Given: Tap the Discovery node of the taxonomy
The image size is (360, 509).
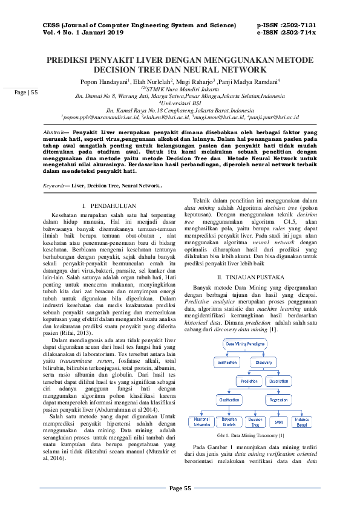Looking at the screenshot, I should coord(264,362).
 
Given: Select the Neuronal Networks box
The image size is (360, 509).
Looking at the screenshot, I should coord(201,421).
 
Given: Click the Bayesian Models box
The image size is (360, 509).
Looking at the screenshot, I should coord(229,421).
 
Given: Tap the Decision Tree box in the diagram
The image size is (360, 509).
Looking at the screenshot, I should coord(255,421).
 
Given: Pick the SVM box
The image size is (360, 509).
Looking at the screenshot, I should coord(278,421).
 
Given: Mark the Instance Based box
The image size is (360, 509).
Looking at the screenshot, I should coord(301,421).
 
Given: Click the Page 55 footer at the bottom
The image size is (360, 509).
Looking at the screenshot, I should coord(180,488).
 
